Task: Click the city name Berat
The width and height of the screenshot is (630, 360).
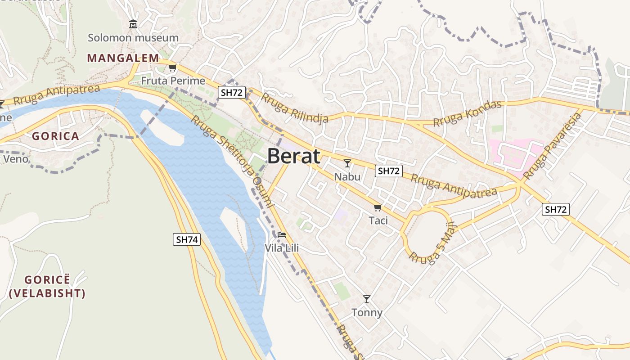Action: point(294,156)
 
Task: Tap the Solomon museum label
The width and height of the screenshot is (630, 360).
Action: point(133,38)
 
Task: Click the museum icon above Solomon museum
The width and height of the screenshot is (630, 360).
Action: point(133,23)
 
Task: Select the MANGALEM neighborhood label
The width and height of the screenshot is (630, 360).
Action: point(123,58)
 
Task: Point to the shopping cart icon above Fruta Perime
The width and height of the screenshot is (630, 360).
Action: point(172,68)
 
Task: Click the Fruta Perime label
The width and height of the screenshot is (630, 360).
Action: point(173,81)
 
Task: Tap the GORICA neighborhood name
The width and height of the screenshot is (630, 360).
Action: point(55,136)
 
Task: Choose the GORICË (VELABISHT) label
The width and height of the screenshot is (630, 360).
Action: point(47,287)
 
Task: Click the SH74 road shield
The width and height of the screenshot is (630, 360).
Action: point(187,239)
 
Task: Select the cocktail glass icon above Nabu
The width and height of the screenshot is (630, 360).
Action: point(347,163)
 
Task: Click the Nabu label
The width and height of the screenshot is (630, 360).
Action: point(347,176)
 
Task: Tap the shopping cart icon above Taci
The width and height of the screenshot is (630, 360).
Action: point(378,207)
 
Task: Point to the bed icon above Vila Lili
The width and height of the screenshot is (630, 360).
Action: point(282,235)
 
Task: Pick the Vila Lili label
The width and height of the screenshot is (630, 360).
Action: point(282,248)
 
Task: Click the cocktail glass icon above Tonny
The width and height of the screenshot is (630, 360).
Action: point(367,299)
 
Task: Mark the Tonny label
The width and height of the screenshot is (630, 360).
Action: point(367,312)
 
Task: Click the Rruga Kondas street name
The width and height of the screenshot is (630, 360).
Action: point(467,114)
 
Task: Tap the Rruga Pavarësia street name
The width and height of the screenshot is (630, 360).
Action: point(553,147)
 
